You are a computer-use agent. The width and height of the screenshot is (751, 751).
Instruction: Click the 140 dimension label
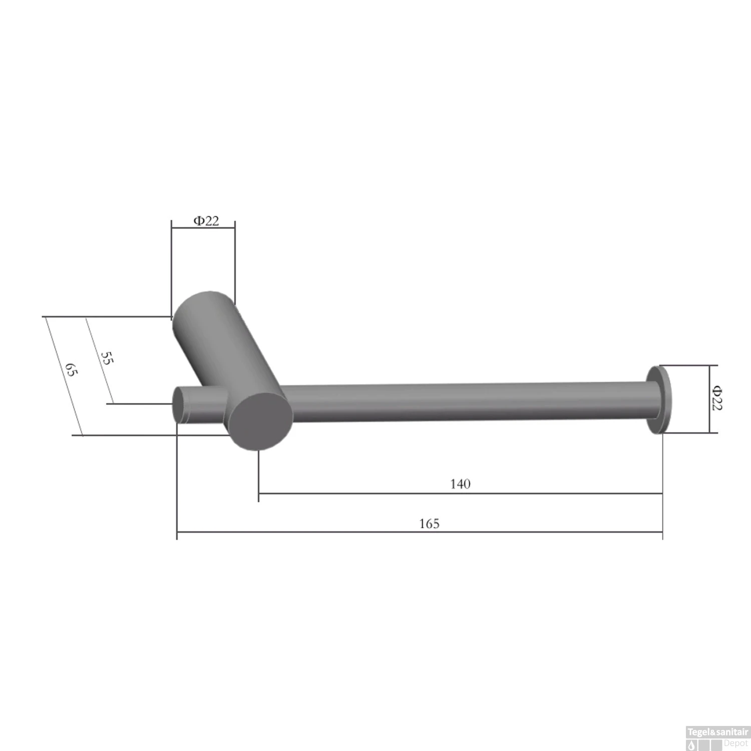click(460, 484)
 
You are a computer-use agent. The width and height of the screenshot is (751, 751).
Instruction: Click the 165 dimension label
click(429, 524)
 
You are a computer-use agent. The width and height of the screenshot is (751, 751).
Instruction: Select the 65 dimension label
click(72, 370)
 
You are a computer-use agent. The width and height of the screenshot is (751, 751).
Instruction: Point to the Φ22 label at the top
click(206, 221)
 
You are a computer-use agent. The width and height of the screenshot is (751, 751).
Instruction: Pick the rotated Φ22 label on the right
click(717, 398)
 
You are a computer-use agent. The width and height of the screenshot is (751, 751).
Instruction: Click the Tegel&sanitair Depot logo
click(717, 738)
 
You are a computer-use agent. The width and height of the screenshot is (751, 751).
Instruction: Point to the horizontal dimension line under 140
click(460, 494)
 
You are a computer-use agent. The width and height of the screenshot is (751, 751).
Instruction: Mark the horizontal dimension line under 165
click(420, 532)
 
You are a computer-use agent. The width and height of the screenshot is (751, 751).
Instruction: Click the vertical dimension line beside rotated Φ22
click(709, 399)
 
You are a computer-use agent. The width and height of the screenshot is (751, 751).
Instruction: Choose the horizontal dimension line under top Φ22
click(203, 228)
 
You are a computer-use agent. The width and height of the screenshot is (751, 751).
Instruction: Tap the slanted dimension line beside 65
click(63, 376)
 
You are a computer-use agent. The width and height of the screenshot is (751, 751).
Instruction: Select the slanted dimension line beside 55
click(99, 360)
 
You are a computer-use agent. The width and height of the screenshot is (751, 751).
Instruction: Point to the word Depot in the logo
click(735, 743)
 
